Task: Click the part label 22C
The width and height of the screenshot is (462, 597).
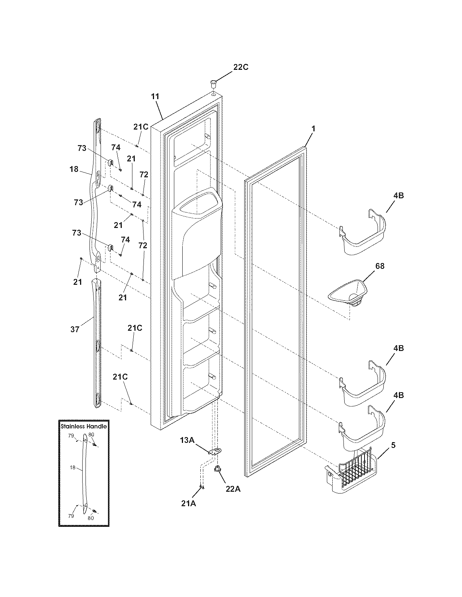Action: pyautogui.click(x=241, y=67)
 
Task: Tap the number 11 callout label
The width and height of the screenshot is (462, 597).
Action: pyautogui.click(x=155, y=97)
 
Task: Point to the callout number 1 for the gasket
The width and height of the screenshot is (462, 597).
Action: pyautogui.click(x=313, y=129)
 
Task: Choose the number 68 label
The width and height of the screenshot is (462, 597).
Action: pyautogui.click(x=380, y=266)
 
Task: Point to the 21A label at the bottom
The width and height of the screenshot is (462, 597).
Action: pyautogui.click(x=189, y=503)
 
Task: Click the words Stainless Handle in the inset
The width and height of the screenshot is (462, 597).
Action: pyautogui.click(x=84, y=426)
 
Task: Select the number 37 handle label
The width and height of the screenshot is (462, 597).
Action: pyautogui.click(x=75, y=330)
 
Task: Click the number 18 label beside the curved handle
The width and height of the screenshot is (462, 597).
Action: pyautogui.click(x=74, y=169)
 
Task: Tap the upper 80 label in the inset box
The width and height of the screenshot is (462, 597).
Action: pyautogui.click(x=91, y=435)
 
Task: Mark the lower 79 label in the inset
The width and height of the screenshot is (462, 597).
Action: pyautogui.click(x=71, y=516)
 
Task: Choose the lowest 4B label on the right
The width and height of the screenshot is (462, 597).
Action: pyautogui.click(x=398, y=395)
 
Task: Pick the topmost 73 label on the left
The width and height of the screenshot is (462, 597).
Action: pyautogui.click(x=82, y=148)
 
